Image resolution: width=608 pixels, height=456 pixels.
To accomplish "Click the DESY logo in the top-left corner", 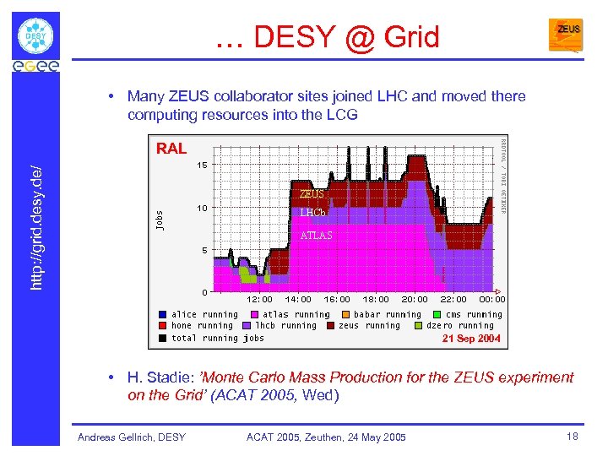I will click(x=35, y=35).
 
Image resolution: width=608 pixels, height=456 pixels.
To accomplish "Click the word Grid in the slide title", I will click(x=411, y=37).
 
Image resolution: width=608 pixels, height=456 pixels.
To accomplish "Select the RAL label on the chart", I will click(x=171, y=149).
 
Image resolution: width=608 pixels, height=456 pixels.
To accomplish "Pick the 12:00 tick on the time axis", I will click(x=259, y=299).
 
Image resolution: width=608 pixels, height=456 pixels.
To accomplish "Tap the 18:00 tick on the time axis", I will click(x=376, y=299).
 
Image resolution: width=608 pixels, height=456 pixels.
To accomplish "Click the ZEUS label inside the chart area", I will click(x=312, y=194).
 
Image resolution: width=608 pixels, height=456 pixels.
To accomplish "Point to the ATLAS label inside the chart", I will click(x=317, y=236).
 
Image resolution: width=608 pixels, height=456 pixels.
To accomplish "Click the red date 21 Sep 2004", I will click(x=471, y=339).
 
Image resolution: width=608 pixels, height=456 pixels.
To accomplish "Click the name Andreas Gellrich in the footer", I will click(x=131, y=437).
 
